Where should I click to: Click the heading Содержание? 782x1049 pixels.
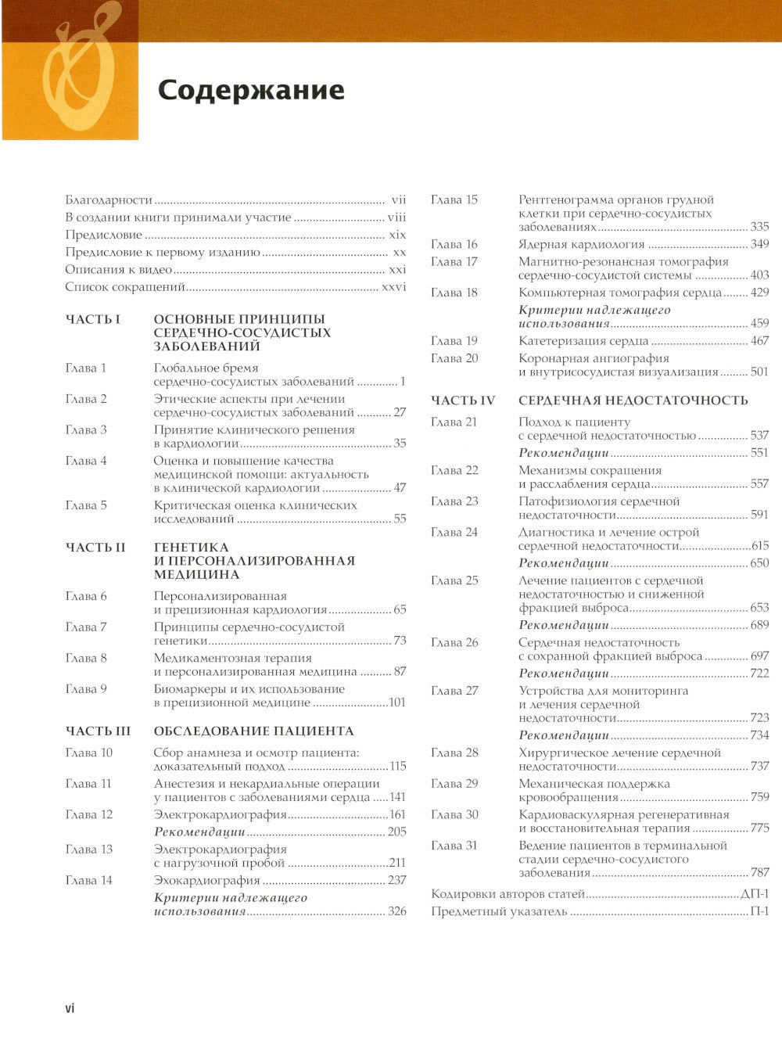[x=250, y=90]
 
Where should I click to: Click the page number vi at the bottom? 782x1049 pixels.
[x=70, y=1008]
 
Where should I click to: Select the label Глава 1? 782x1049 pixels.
[x=86, y=368]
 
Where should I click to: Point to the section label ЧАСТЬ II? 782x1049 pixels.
[x=95, y=548]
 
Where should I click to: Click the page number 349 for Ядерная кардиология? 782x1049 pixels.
[x=759, y=244]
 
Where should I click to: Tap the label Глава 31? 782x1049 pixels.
[x=454, y=846]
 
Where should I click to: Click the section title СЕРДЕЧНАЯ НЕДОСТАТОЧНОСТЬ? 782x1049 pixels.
[x=633, y=401]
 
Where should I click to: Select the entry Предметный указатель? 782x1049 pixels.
[x=499, y=911]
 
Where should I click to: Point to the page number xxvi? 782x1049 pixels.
[x=393, y=287]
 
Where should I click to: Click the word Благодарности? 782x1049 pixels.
[x=109, y=199]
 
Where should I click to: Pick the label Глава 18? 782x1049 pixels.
[x=454, y=293]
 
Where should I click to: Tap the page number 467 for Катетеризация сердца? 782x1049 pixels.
[x=759, y=341]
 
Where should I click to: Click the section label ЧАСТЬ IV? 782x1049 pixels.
[x=463, y=401]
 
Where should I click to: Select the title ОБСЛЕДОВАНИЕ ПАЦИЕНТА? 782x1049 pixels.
[x=254, y=731]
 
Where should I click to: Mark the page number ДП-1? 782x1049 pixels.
[x=755, y=894]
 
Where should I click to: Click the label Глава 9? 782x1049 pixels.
[x=86, y=689]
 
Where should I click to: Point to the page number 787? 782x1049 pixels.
[x=759, y=872]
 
